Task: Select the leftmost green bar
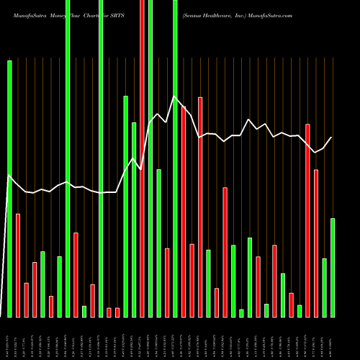(x=9, y=189)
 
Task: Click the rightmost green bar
(x=333, y=267)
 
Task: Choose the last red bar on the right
(x=316, y=243)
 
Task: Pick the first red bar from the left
(x=18, y=265)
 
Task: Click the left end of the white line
(x=8, y=175)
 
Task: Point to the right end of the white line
(x=332, y=138)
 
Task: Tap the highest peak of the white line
(x=174, y=96)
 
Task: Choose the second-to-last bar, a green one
(x=325, y=287)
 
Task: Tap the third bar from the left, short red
(x=26, y=300)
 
